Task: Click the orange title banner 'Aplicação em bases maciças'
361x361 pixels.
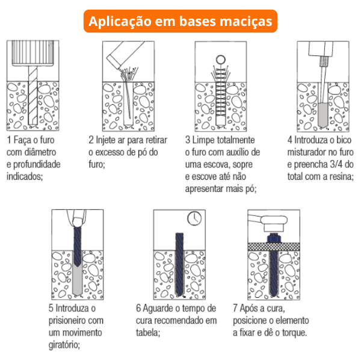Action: pos(180,21)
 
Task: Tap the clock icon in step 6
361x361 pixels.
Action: pos(194,218)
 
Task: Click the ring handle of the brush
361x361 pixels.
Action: pos(221,60)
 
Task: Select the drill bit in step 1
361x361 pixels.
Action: pos(32,96)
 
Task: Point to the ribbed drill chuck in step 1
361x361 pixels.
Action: pos(32,53)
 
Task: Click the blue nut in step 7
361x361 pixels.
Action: pos(274,238)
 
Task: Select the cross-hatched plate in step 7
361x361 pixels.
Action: pos(274,247)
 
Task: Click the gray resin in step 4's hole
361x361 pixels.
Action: pos(323,115)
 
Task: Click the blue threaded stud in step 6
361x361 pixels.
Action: pos(179,264)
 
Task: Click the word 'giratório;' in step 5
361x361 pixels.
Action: pos(64,345)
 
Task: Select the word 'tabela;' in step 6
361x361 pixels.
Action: pos(148,333)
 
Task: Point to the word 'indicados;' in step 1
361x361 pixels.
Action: pos(25,176)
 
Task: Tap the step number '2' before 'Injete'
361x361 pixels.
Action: pos(91,140)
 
